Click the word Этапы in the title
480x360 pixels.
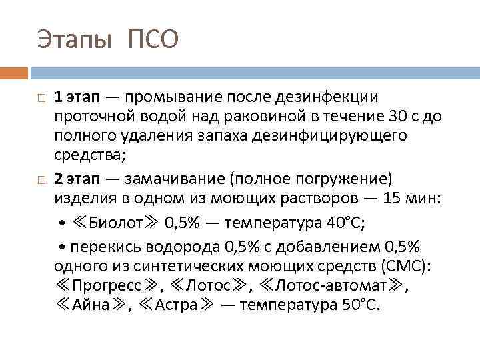click(75, 41)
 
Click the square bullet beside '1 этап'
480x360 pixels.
click(41, 99)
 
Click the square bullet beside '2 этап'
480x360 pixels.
click(41, 180)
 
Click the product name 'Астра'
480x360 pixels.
click(177, 307)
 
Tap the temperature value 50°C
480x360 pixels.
click(360, 307)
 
